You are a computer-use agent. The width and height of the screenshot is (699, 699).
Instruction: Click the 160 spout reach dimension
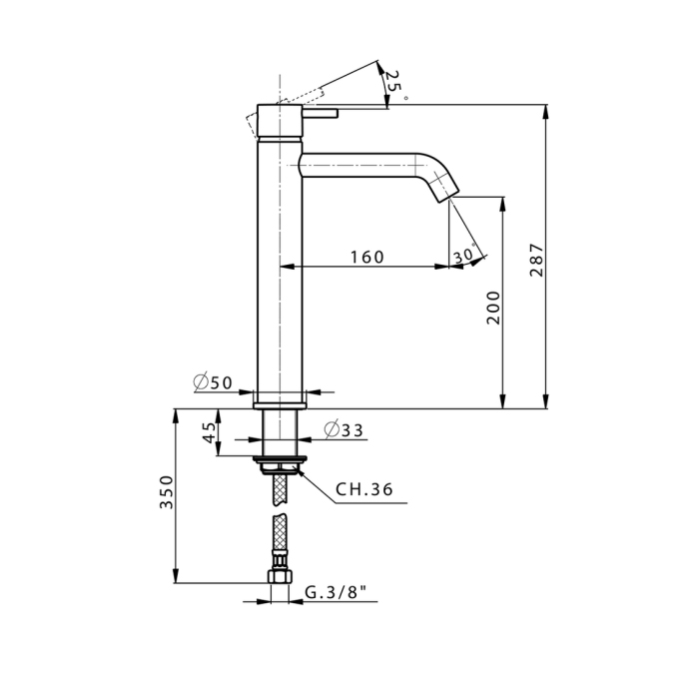pyautogui.click(x=366, y=257)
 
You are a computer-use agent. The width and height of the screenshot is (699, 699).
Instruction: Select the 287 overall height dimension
pyautogui.click(x=536, y=261)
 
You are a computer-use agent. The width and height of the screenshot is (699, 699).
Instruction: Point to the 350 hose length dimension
pyautogui.click(x=167, y=493)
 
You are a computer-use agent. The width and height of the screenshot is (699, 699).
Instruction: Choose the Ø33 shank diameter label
pyautogui.click(x=344, y=430)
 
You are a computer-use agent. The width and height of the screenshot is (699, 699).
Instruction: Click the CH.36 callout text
pyautogui.click(x=363, y=489)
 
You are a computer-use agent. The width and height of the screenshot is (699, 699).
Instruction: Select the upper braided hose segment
pyautogui.click(x=279, y=488)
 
